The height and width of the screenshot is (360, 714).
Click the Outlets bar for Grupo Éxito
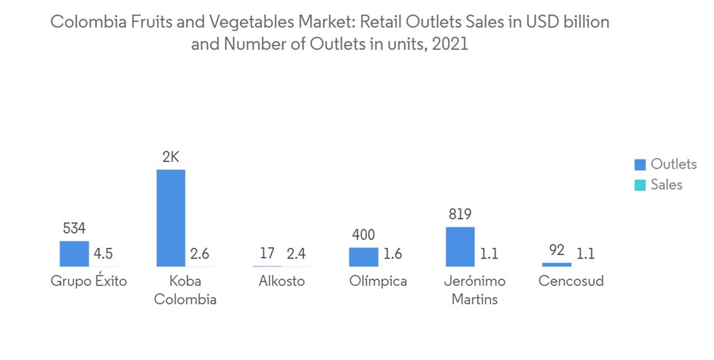pos(74,254)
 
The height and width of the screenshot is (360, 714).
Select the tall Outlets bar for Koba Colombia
pos(171,218)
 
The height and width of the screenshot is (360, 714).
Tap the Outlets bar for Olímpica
pos(363,257)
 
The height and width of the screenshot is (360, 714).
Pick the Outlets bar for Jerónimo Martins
pos(460,246)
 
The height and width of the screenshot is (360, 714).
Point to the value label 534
pos(74,229)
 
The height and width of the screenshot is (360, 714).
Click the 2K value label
pos(171,157)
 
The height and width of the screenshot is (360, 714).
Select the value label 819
pos(460,214)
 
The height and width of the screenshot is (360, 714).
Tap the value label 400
pos(363,235)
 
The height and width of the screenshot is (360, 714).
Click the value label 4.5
pos(103,254)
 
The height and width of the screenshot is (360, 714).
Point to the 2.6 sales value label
pos(199,254)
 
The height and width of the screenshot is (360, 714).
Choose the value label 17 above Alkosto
pos(267,254)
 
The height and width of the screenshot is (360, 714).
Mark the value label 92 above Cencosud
pos(557,251)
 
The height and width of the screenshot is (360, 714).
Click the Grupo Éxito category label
pos(89,281)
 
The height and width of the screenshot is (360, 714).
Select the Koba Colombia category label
pos(185,290)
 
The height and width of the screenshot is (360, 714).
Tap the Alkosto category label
pos(281,281)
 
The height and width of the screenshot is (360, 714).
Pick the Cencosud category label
pos(570,281)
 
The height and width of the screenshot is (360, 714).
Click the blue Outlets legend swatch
pos(640,165)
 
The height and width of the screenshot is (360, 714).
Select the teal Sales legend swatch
pos(640,186)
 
